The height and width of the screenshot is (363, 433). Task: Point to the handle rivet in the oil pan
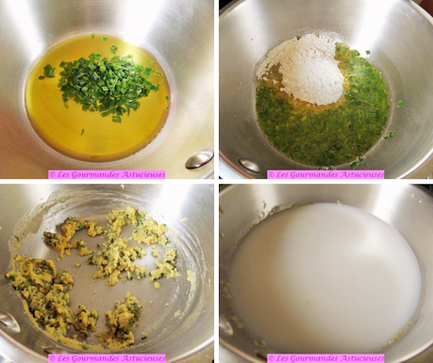199,159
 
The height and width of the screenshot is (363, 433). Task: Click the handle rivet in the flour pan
249,165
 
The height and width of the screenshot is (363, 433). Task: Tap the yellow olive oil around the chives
97,125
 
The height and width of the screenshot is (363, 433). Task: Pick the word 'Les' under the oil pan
63,174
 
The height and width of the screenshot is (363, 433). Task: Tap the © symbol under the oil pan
52,174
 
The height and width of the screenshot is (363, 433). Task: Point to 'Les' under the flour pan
282,174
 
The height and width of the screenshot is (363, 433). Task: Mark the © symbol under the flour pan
271,174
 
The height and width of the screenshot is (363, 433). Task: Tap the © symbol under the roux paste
52,358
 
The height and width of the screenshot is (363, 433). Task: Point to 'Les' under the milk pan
282,358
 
